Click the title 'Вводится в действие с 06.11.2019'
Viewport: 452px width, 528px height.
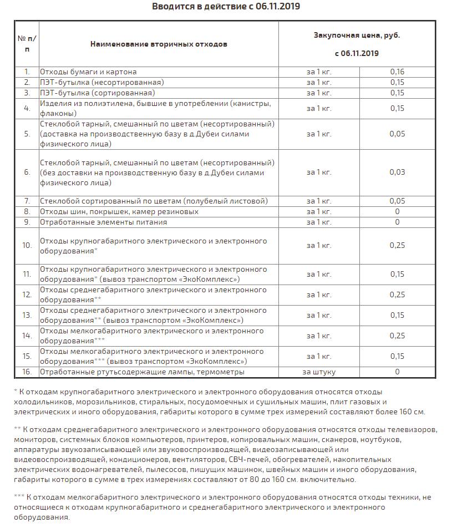(x=225, y=7)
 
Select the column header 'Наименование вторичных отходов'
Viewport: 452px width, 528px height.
(x=159, y=44)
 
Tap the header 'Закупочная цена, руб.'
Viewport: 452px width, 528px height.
(x=357, y=35)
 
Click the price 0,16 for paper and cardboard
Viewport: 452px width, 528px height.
(x=397, y=72)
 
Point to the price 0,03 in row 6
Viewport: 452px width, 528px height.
(x=397, y=172)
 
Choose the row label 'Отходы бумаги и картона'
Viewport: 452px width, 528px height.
(x=88, y=72)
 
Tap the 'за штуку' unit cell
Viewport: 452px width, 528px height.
(x=319, y=372)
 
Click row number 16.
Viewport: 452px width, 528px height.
(x=27, y=372)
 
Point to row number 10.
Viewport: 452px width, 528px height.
(x=27, y=246)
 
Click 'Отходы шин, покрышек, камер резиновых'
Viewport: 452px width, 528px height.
(x=119, y=211)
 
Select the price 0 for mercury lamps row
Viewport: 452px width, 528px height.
(x=397, y=372)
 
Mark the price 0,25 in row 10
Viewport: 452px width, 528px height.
(x=397, y=246)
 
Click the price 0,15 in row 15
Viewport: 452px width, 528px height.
(x=397, y=357)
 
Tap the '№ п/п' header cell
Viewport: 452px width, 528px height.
(x=27, y=43)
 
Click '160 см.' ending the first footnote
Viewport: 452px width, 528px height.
(x=410, y=412)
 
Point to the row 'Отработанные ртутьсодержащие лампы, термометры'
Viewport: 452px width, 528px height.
(x=142, y=372)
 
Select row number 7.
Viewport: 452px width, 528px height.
(x=27, y=201)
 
